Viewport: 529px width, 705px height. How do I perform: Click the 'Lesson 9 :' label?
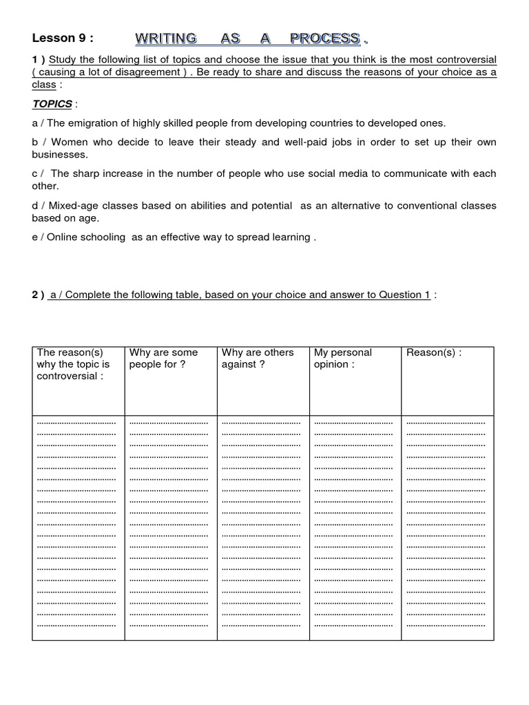pos(63,38)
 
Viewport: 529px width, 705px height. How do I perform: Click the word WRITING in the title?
pos(165,38)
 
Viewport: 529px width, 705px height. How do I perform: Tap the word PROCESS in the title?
pos(324,38)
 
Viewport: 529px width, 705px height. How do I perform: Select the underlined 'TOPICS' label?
pos(52,103)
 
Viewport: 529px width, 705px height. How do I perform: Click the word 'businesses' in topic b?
pos(59,155)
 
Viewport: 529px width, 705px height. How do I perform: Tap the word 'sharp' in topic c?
pos(86,174)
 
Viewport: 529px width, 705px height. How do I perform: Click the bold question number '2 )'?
pos(38,295)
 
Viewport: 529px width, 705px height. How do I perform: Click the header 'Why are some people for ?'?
pos(163,359)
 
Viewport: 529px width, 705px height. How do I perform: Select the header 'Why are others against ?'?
pos(257,359)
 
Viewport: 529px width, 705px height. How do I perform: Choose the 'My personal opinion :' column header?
pos(342,359)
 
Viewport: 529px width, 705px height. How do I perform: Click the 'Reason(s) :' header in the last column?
pos(434,352)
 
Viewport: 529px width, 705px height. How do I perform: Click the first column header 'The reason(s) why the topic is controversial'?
pos(73,364)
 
